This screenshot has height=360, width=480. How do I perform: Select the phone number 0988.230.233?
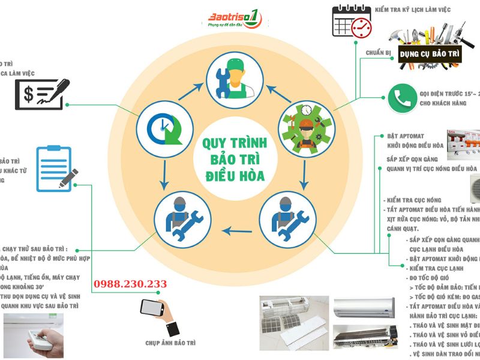click(130, 284)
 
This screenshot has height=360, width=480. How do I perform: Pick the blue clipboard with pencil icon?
click(57, 168)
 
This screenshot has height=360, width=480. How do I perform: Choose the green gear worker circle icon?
click(304, 127)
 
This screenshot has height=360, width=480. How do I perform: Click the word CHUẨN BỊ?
click(379, 53)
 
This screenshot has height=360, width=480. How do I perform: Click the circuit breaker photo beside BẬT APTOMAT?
click(462, 142)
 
